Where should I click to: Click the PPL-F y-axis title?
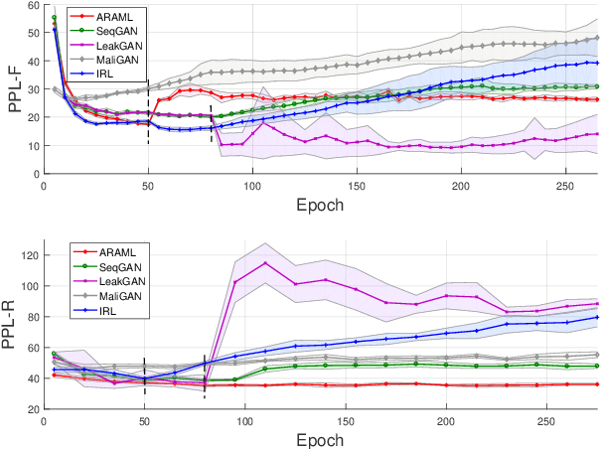(14, 88)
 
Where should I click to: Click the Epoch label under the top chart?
(321, 206)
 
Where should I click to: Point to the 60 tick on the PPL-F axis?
(31, 6)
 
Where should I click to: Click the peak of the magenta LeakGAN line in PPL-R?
(265, 263)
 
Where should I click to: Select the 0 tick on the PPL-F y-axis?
(35, 174)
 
